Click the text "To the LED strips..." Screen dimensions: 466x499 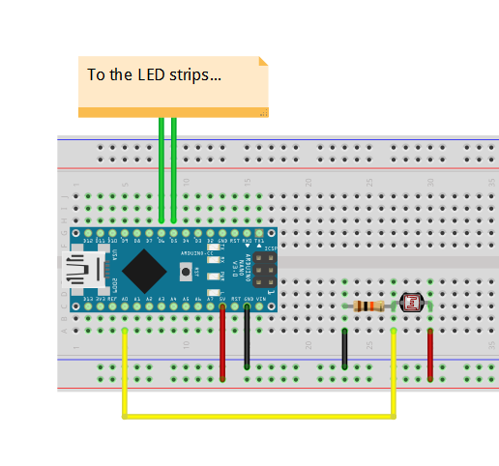155,74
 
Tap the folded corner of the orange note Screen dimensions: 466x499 262,62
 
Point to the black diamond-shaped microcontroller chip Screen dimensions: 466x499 143,271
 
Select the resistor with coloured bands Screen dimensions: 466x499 369,306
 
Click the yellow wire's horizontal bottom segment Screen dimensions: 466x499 259,417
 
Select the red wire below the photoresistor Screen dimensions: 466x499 430,353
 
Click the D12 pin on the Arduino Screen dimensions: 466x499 88,235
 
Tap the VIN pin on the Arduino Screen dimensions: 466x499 260,307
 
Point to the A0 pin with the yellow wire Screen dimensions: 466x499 125,307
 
